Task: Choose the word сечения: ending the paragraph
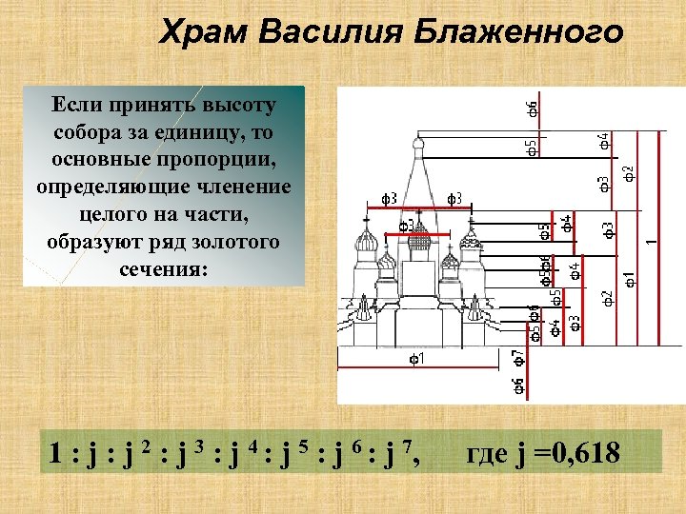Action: pos(163,268)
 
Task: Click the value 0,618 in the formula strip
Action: pos(578,454)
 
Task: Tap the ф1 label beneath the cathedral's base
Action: pos(417,360)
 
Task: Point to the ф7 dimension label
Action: pos(517,358)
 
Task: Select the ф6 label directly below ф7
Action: pos(517,385)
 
